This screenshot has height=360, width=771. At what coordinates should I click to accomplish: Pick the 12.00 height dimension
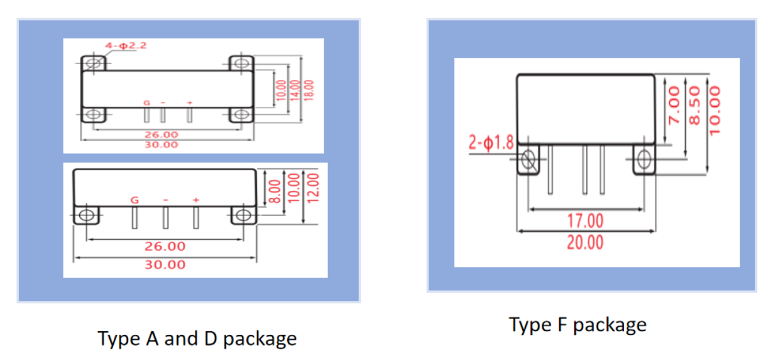314,187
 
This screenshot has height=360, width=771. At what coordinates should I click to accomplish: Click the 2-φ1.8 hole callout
491,143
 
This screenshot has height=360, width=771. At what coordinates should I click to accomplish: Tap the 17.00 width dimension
585,221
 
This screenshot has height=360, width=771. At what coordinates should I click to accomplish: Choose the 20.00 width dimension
585,243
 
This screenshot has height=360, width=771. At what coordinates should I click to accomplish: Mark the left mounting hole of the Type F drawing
528,160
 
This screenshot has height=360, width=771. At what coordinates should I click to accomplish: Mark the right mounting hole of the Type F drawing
643,160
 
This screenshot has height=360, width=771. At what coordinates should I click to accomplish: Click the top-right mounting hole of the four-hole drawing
240,63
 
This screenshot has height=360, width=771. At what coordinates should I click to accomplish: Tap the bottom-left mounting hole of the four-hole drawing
94,115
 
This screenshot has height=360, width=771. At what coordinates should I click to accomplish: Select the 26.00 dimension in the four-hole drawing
161,134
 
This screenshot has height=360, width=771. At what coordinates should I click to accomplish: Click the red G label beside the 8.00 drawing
134,200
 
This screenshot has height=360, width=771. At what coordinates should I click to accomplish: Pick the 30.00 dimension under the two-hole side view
165,265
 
